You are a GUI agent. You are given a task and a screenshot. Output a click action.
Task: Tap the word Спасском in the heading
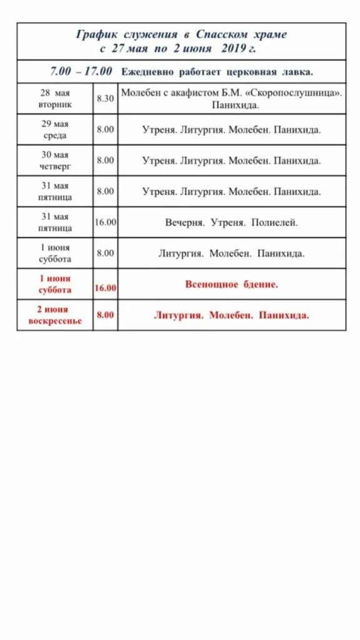click(221, 34)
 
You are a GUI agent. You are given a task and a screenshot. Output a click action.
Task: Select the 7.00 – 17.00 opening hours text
click(81, 71)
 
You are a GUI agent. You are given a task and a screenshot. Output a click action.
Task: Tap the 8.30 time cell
click(105, 99)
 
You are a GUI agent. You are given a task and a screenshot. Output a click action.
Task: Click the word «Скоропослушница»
click(294, 92)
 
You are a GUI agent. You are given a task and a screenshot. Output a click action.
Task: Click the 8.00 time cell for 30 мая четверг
click(105, 161)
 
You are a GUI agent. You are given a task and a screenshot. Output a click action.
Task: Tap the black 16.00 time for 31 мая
click(105, 222)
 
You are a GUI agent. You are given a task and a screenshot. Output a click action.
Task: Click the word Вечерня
click(185, 222)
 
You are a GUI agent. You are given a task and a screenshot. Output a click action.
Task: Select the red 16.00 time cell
click(105, 288)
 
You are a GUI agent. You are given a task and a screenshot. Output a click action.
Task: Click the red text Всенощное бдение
click(231, 284)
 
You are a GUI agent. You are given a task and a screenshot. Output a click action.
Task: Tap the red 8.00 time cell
click(105, 315)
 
